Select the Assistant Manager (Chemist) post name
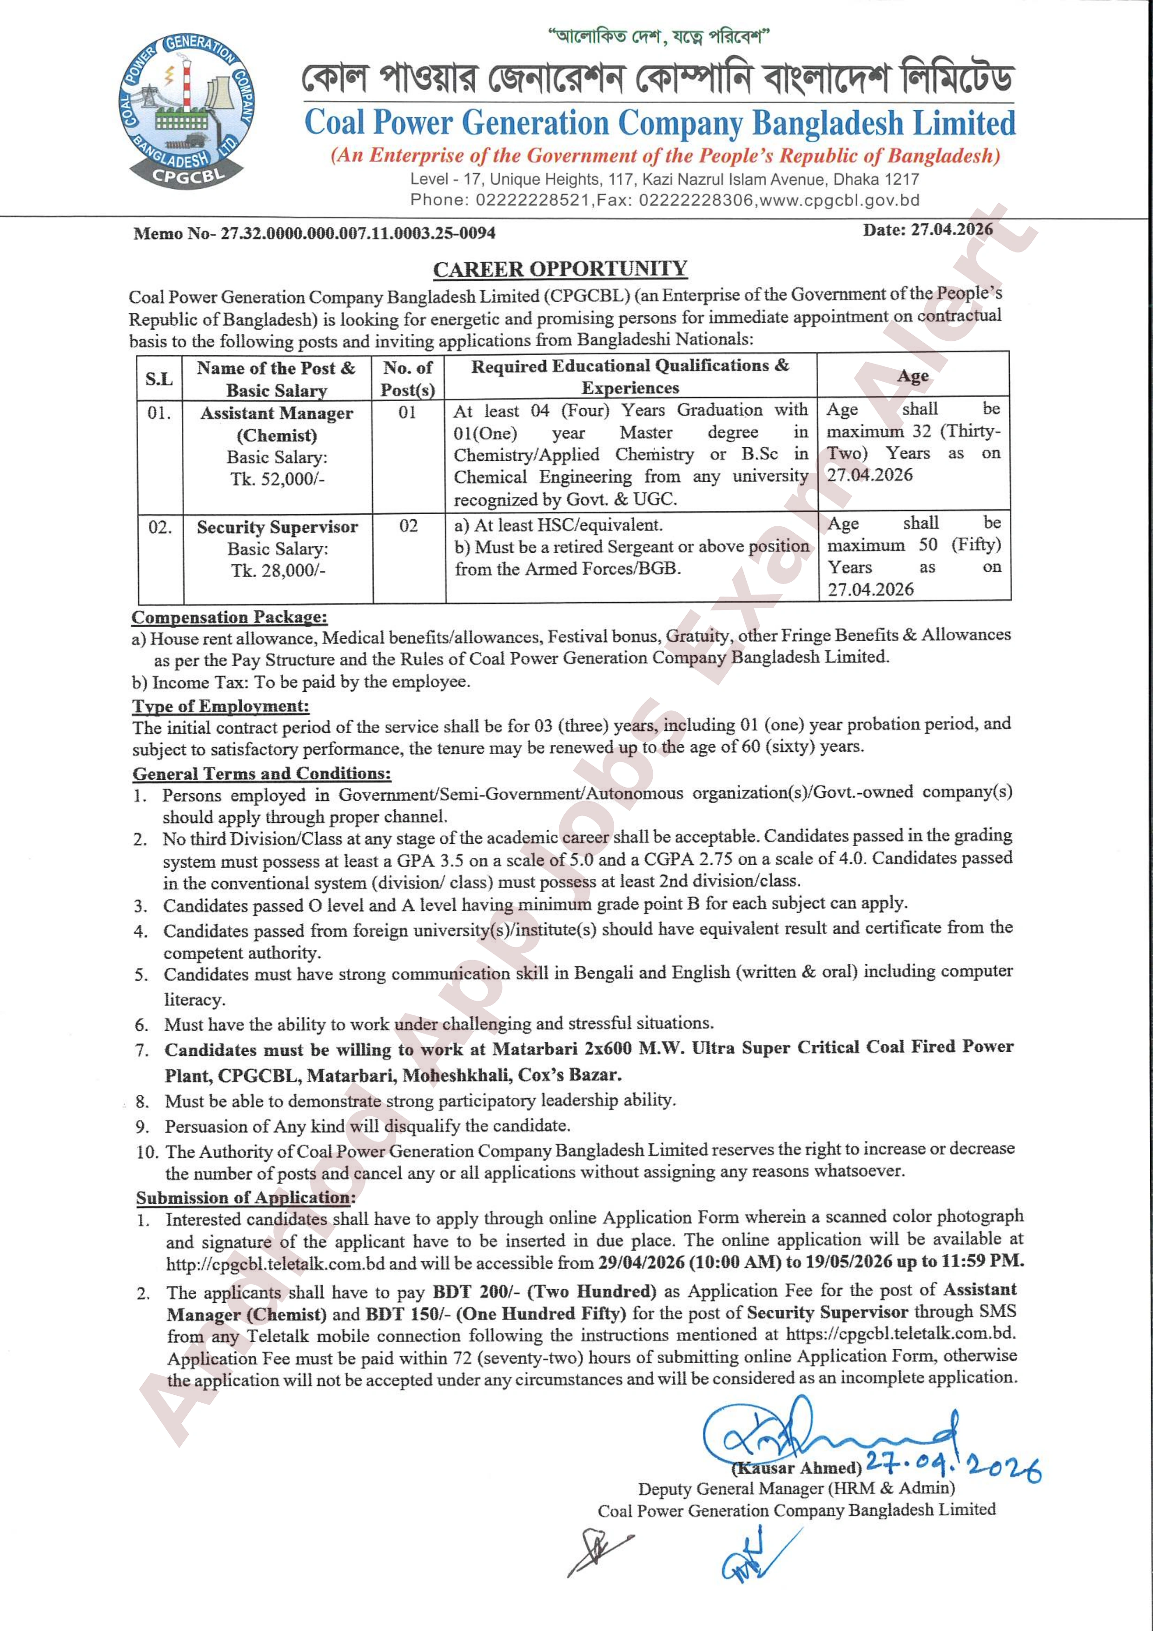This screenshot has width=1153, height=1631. click(x=276, y=424)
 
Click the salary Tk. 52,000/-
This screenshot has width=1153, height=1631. click(x=277, y=479)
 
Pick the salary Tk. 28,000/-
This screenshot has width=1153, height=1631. click(x=278, y=570)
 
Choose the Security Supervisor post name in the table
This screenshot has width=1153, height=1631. click(x=277, y=527)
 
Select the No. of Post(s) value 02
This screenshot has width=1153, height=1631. click(x=409, y=526)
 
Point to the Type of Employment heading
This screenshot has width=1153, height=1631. click(x=221, y=706)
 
